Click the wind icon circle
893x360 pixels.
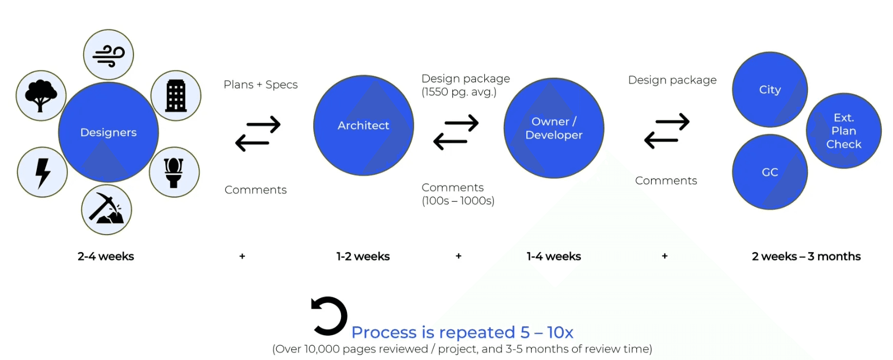pyautogui.click(x=108, y=55)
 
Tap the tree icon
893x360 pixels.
pyautogui.click(x=41, y=96)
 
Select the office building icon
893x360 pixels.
pyautogui.click(x=176, y=96)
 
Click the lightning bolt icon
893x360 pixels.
pyautogui.click(x=43, y=172)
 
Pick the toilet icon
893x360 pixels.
pyautogui.click(x=174, y=172)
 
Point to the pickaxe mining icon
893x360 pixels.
pyautogui.click(x=107, y=210)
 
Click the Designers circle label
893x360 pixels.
pyautogui.click(x=108, y=132)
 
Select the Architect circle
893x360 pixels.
pyautogui.click(x=364, y=126)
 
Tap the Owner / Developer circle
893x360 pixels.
pyautogui.click(x=554, y=128)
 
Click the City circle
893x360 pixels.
pyautogui.click(x=770, y=90)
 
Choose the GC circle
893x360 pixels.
pyautogui.click(x=770, y=172)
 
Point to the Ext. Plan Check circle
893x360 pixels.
pyautogui.click(x=844, y=131)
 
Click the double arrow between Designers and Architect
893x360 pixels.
pyautogui.click(x=258, y=134)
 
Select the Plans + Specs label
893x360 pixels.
pyautogui.click(x=260, y=85)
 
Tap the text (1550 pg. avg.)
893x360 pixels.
pyautogui.click(x=459, y=92)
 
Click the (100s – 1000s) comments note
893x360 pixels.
pyautogui.click(x=458, y=201)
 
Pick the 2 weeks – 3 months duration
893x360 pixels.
pyautogui.click(x=806, y=256)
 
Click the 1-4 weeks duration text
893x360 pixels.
pyautogui.click(x=554, y=256)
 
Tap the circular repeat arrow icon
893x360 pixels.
pyautogui.click(x=329, y=316)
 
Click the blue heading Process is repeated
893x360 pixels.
pyautogui.click(x=462, y=332)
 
